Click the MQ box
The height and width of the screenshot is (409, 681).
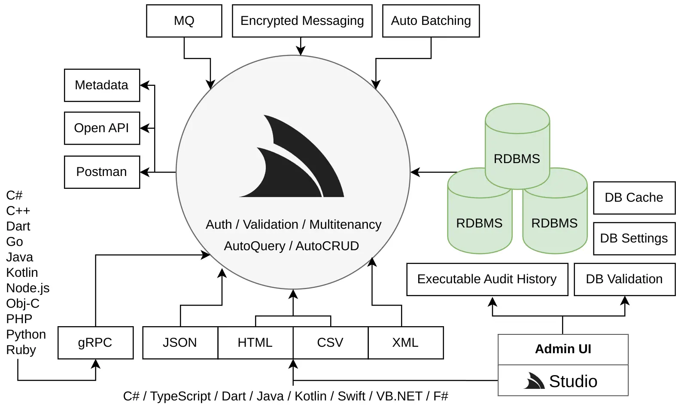184,21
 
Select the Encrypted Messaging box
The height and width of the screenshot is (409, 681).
302,21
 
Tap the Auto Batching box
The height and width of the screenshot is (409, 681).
431,21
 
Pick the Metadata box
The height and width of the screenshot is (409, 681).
102,85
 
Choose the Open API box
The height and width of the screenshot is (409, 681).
102,128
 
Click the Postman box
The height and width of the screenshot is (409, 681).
102,172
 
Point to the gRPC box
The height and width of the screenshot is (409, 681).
95,343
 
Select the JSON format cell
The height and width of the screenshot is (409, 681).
180,343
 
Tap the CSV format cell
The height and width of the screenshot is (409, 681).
331,343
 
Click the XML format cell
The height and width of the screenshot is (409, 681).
406,343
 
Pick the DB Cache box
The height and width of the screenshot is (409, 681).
634,198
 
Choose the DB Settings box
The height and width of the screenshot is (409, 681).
634,239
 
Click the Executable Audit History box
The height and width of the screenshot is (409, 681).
487,279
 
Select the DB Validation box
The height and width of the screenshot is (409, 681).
624,279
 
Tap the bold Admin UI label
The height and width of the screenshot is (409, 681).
563,349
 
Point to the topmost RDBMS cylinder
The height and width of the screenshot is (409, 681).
517,146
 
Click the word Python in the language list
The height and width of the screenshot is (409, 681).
26,335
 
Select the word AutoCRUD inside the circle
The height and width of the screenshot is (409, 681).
327,246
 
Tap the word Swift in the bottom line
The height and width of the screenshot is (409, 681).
351,396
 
